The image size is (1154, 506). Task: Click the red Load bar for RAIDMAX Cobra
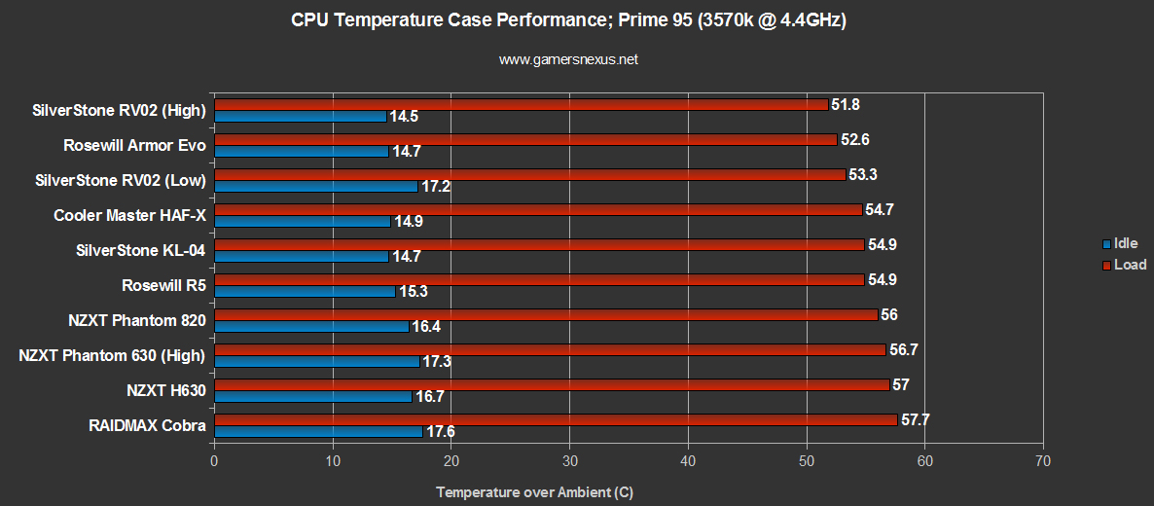tap(555, 419)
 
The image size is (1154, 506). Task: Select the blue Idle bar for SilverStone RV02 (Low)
tap(315, 186)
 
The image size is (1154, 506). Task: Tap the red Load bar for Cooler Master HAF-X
tap(537, 209)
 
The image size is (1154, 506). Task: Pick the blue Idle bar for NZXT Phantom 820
tap(311, 326)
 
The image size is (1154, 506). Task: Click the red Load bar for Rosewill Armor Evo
tap(525, 139)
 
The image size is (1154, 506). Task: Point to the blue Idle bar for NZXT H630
tap(312, 396)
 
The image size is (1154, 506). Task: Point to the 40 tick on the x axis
tap(689, 460)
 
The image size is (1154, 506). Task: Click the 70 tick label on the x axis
tap(1043, 460)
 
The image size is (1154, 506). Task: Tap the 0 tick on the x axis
tap(214, 460)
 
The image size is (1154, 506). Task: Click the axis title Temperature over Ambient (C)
tap(534, 491)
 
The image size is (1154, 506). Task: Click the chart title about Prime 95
tap(568, 20)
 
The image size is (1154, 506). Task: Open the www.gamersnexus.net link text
tap(568, 59)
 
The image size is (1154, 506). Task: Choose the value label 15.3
tap(414, 292)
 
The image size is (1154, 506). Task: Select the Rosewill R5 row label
tap(163, 285)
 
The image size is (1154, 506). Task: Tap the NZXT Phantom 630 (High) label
tap(112, 355)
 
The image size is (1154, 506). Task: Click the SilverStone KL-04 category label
tap(140, 250)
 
